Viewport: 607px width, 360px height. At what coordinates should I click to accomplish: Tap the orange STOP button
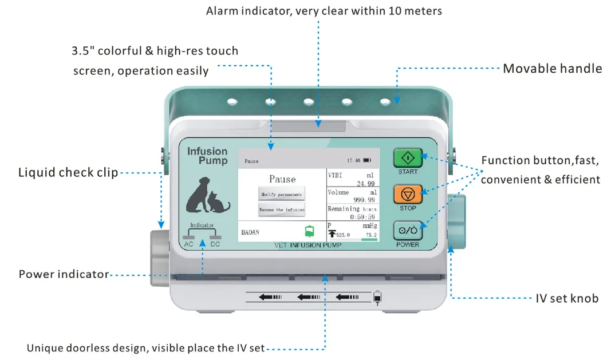click(x=408, y=193)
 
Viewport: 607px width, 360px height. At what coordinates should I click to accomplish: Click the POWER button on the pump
click(x=408, y=230)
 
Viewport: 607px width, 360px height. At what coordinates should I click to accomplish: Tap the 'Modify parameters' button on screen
click(x=281, y=194)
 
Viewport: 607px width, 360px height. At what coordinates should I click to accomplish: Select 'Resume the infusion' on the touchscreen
click(x=281, y=209)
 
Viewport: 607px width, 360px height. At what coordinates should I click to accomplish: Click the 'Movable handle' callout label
click(x=552, y=69)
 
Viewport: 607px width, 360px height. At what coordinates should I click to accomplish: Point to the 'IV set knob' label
click(x=567, y=298)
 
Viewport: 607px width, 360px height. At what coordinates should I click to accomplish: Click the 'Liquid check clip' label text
click(x=68, y=172)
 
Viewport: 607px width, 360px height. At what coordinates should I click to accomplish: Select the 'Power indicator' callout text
click(x=64, y=274)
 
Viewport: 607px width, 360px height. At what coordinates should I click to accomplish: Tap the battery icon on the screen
click(x=366, y=161)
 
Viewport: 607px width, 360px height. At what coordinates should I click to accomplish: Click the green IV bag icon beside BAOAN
click(x=309, y=231)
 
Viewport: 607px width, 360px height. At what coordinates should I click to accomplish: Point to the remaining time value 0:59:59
click(x=358, y=217)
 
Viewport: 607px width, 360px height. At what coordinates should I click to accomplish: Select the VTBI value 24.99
click(x=365, y=184)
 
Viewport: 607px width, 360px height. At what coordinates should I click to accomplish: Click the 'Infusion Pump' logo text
click(x=207, y=156)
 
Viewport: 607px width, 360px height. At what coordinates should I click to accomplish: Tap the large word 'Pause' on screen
click(x=282, y=179)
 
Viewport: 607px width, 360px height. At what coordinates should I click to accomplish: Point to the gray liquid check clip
click(x=160, y=257)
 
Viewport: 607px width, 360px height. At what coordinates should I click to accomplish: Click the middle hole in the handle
click(x=309, y=102)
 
